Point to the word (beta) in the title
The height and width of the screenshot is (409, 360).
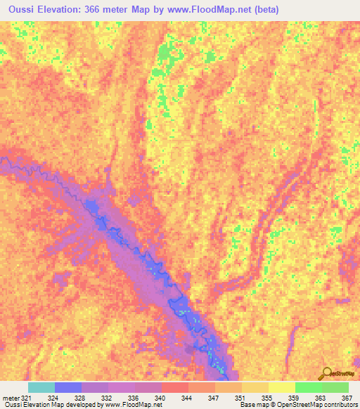click(x=265, y=9)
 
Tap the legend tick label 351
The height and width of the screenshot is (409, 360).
click(x=240, y=397)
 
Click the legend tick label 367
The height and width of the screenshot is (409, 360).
click(x=347, y=397)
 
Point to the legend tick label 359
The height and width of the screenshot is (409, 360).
click(x=293, y=397)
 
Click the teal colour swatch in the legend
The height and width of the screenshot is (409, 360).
click(x=41, y=387)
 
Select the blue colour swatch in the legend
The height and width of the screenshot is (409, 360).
click(x=68, y=387)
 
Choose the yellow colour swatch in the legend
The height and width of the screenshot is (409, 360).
click(x=282, y=387)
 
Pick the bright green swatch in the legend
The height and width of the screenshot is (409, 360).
click(x=309, y=387)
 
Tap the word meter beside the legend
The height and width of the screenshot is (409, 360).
click(x=9, y=397)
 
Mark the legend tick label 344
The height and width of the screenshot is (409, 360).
click(x=186, y=397)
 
